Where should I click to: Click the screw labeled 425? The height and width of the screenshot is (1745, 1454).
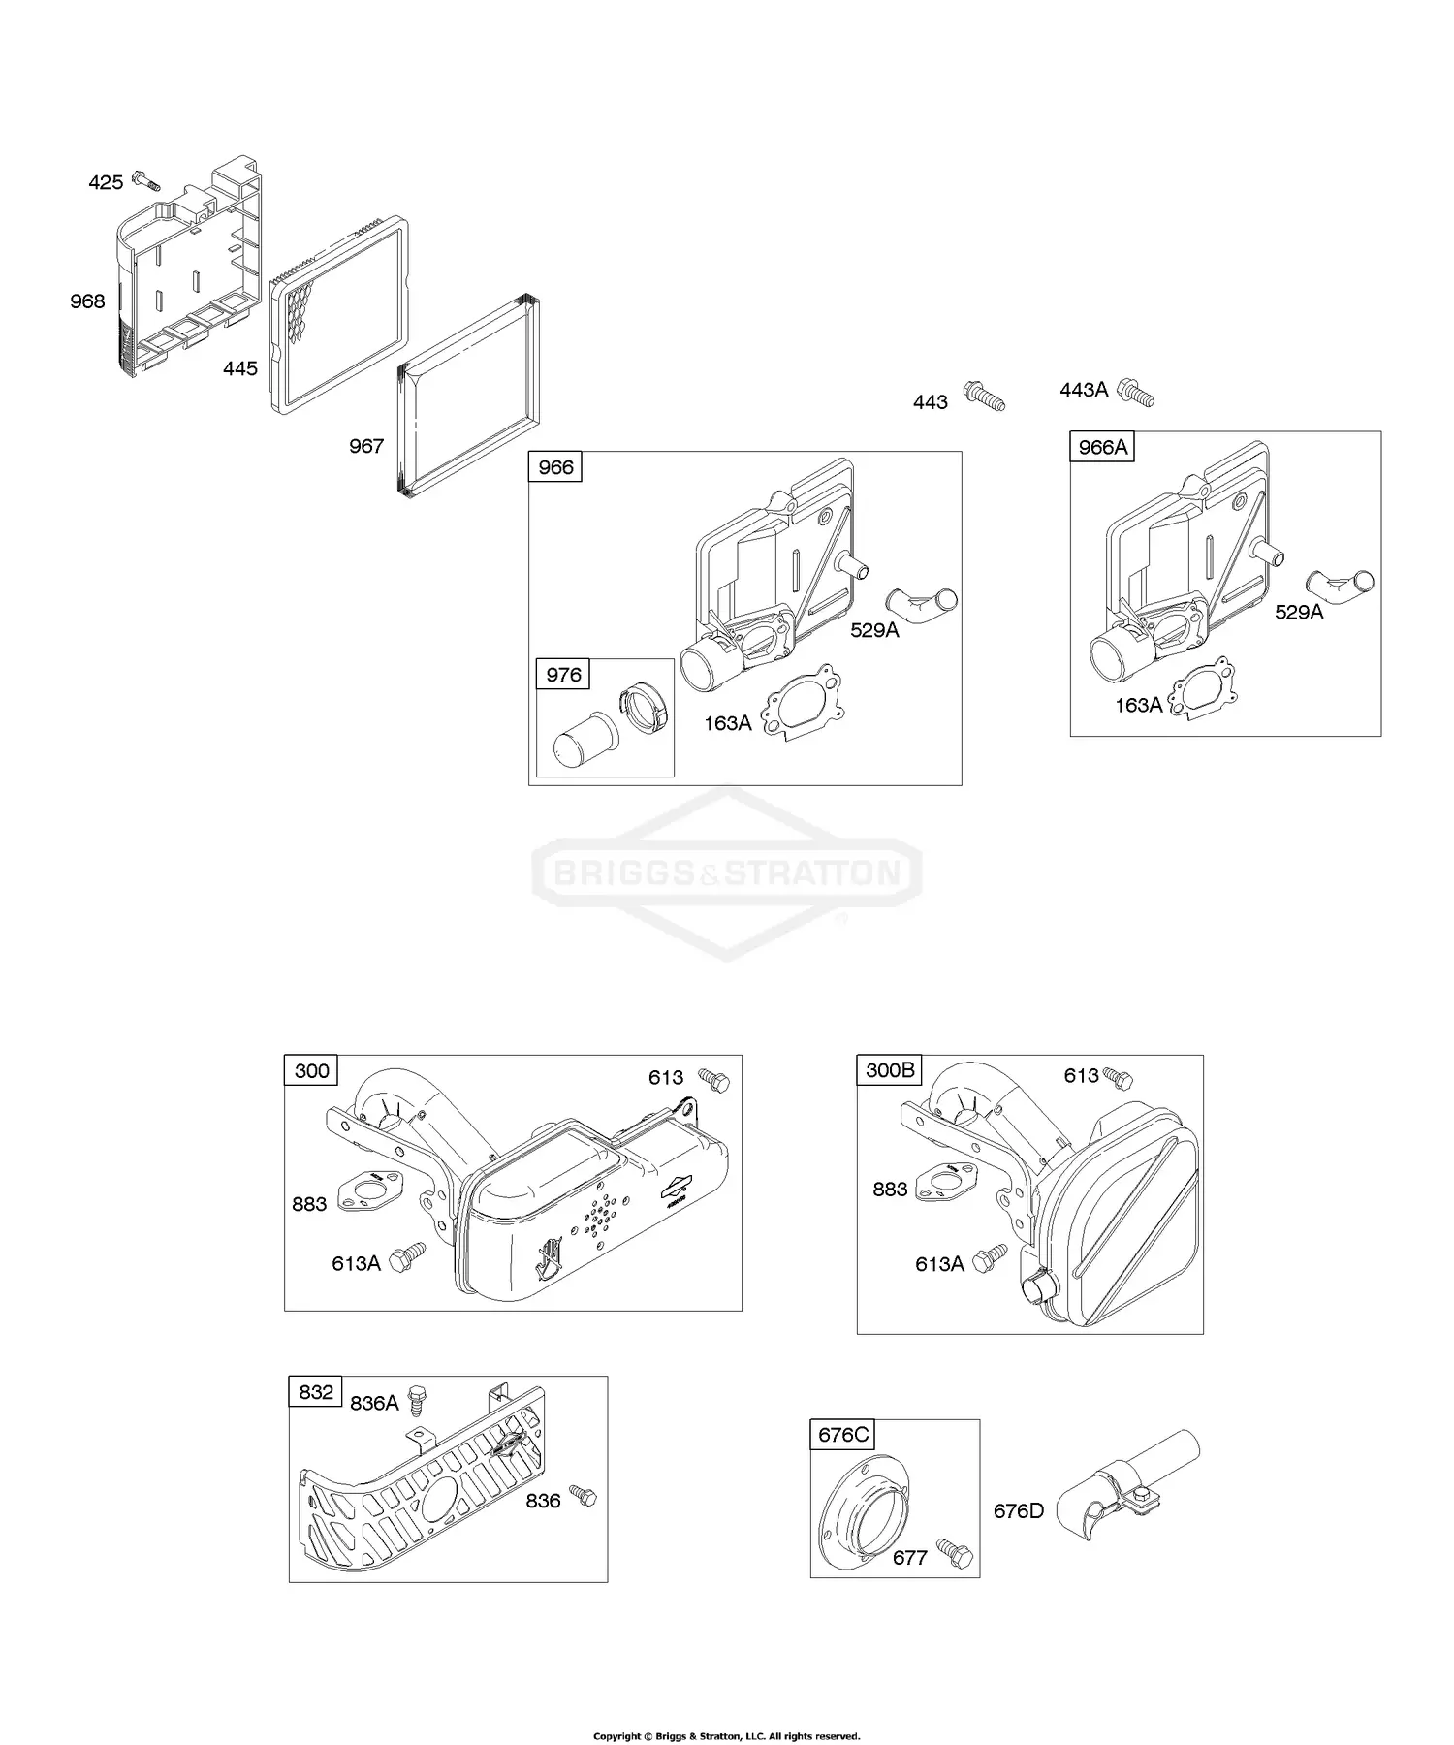(145, 180)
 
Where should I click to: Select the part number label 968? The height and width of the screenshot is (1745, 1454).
(87, 301)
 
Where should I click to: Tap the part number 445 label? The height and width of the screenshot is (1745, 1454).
(240, 368)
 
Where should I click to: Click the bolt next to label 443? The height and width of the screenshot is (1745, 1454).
(984, 397)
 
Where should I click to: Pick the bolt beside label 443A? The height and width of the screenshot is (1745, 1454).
(1136, 393)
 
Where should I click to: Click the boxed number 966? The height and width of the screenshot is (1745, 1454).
(555, 467)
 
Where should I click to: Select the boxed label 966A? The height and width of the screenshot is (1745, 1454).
(1102, 447)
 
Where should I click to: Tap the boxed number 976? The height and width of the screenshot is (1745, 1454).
(563, 675)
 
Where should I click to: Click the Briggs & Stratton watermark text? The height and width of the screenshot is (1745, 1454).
(727, 874)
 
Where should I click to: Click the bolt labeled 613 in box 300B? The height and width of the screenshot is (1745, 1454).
(1121, 1077)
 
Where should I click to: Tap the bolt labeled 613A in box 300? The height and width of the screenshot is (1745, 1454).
(407, 1258)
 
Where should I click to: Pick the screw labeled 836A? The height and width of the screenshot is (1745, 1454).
(418, 1400)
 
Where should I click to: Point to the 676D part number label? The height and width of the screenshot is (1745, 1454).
(1018, 1511)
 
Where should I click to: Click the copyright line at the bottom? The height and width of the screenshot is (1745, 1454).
(726, 1709)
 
